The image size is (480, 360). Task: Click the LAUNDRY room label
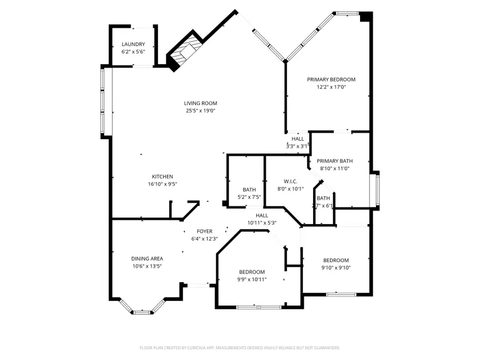(133, 44)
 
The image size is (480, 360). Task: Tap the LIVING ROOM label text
(201, 103)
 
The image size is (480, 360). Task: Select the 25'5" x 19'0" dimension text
(201, 111)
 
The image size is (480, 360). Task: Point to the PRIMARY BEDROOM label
(331, 79)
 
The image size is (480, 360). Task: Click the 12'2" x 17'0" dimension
(331, 87)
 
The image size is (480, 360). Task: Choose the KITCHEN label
(162, 177)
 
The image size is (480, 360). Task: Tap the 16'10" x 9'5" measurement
(162, 184)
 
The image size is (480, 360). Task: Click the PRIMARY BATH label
(334, 161)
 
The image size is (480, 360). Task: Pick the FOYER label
(205, 231)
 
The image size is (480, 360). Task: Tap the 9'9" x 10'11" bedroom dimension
(252, 279)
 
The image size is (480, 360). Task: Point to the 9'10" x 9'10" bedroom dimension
(336, 268)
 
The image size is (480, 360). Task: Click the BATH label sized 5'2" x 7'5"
(249, 189)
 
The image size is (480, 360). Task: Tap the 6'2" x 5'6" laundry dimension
(133, 52)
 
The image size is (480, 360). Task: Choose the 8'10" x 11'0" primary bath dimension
(334, 169)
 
